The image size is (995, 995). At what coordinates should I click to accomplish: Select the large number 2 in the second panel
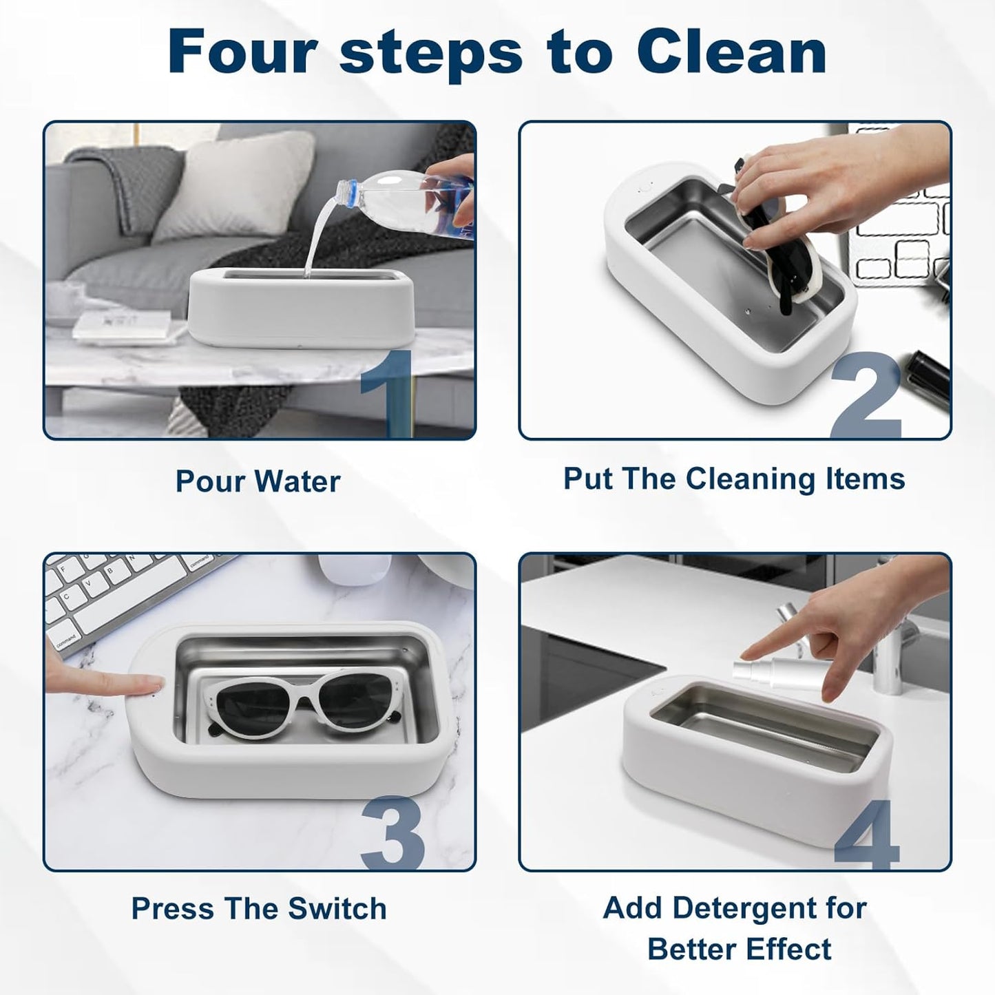(x=866, y=395)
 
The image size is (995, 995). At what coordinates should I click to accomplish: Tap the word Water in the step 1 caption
(x=298, y=481)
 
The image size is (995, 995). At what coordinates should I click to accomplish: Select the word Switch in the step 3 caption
(x=337, y=922)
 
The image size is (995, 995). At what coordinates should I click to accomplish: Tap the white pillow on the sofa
(x=235, y=185)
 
